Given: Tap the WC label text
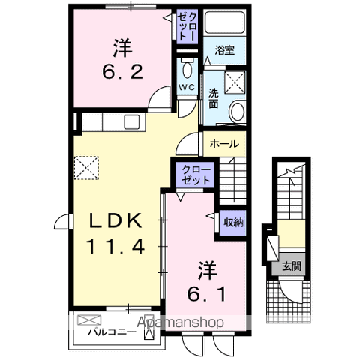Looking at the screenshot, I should click(187, 88).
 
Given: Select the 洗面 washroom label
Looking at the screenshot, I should click(213, 97).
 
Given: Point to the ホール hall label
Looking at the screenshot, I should click(224, 144).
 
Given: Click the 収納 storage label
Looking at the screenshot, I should click(233, 222).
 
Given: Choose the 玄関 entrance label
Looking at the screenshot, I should click(291, 265).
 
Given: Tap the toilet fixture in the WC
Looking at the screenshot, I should click(187, 71).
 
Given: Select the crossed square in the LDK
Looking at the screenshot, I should click(86, 164).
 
